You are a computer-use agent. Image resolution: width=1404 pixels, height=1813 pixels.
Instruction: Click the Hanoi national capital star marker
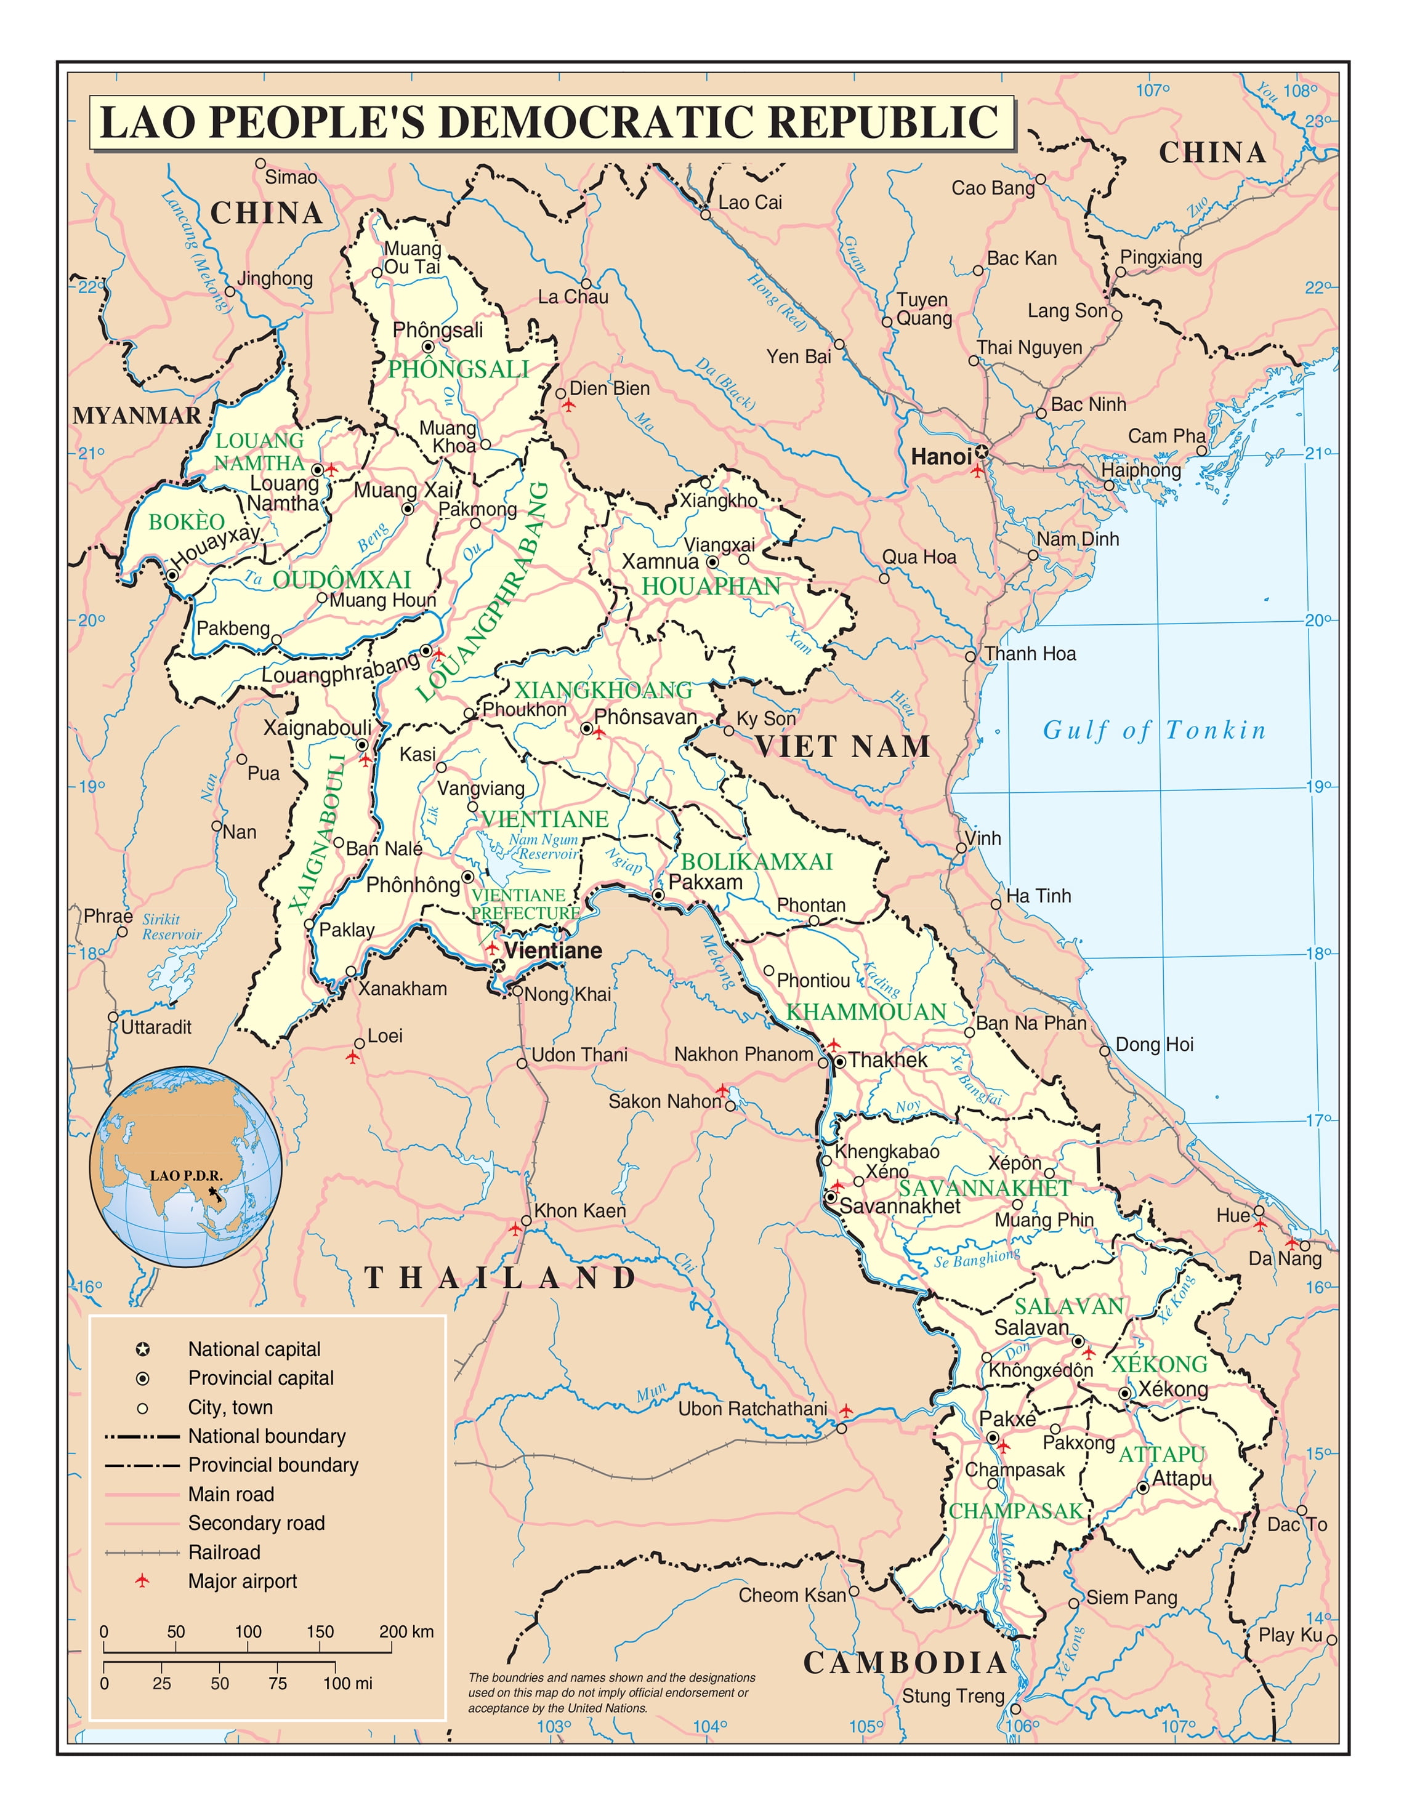pyautogui.click(x=982, y=452)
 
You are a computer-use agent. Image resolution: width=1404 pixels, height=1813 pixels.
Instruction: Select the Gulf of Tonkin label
pyautogui.click(x=1154, y=731)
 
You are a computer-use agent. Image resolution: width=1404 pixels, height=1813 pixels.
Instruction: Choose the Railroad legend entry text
pyautogui.click(x=224, y=1553)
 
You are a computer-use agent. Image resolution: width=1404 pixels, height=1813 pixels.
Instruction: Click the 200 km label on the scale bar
pyautogui.click(x=406, y=1631)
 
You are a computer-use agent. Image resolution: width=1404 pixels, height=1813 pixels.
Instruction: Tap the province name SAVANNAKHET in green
pyautogui.click(x=985, y=1188)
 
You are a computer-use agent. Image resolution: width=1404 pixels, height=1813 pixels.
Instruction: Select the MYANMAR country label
pyautogui.click(x=137, y=415)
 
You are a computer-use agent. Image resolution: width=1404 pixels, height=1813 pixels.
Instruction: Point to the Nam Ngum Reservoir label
pyautogui.click(x=544, y=846)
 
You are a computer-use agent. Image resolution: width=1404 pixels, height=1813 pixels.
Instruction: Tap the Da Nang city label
pyautogui.click(x=1285, y=1258)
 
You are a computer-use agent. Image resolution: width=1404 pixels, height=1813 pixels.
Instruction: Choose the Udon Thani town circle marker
pyautogui.click(x=522, y=1063)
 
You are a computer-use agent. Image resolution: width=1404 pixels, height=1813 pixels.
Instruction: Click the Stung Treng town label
pyautogui.click(x=953, y=1696)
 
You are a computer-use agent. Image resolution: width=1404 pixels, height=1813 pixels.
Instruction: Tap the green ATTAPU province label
pyautogui.click(x=1161, y=1454)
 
